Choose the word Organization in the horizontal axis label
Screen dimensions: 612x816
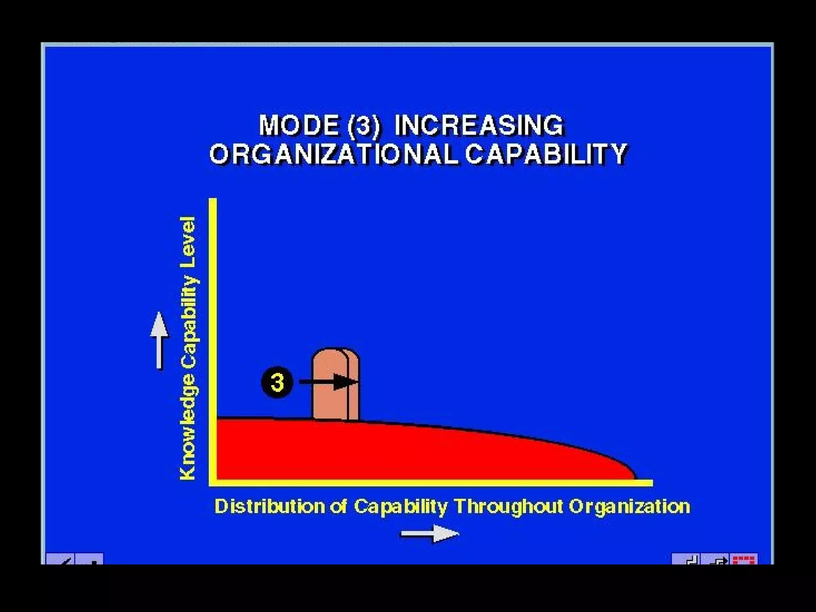[x=629, y=507]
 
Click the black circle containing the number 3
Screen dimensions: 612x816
[x=277, y=382]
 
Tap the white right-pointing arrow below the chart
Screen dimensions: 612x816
[x=430, y=534]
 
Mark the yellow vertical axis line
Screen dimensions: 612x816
[x=213, y=339]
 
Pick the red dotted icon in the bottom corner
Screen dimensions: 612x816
[x=744, y=559]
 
